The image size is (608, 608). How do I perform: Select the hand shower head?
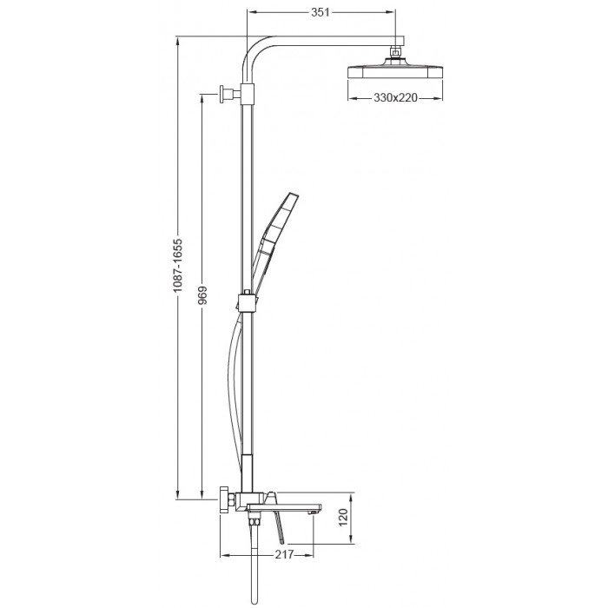(280, 222)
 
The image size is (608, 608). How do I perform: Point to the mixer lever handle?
(281, 525)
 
